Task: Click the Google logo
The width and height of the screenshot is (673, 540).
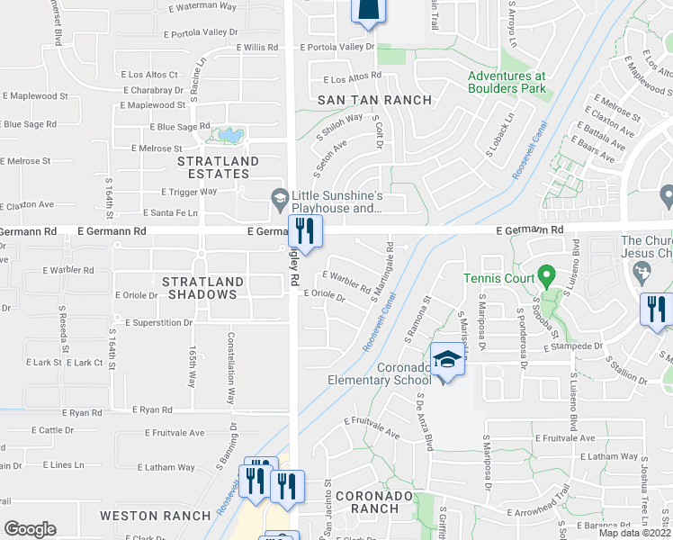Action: pyautogui.click(x=30, y=529)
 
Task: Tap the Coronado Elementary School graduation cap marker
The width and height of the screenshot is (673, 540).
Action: pyautogui.click(x=446, y=361)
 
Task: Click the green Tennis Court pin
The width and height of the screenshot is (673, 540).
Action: pyautogui.click(x=545, y=274)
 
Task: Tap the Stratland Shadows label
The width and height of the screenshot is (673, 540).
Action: pyautogui.click(x=200, y=288)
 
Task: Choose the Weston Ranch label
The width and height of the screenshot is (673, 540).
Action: pyautogui.click(x=142, y=516)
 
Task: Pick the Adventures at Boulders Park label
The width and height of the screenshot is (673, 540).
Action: pyautogui.click(x=507, y=83)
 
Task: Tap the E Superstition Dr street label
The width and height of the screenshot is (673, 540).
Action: pyautogui.click(x=159, y=322)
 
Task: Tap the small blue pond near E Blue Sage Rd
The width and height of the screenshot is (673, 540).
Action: pyautogui.click(x=225, y=136)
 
